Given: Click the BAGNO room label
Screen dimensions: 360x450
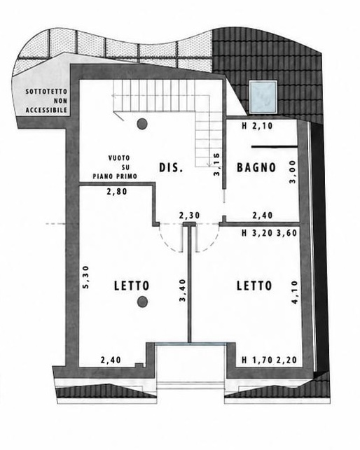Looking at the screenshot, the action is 256,167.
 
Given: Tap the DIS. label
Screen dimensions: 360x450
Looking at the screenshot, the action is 171,167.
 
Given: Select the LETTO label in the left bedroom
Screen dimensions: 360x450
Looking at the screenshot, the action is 132,286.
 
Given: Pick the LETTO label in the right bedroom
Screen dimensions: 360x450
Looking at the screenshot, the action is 254,286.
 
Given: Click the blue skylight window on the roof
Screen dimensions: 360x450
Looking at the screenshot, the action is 263,97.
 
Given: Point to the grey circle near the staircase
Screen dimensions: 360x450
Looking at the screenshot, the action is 142,124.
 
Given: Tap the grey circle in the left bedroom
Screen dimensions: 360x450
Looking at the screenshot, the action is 142,302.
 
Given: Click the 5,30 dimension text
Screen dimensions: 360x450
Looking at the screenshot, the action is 86,277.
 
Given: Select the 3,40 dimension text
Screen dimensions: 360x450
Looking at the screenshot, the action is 183,290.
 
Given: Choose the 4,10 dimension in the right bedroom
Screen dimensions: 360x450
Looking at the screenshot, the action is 294,293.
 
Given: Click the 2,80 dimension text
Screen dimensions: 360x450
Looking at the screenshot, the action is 117,192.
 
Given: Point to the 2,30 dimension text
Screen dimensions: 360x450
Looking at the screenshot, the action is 189,216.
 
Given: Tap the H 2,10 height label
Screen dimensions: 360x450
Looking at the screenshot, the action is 257,126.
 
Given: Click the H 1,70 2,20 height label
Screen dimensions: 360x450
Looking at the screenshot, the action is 269,360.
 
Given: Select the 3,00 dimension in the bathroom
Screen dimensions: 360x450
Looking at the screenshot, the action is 292,171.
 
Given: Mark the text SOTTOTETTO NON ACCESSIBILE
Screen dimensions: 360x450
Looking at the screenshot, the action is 46,101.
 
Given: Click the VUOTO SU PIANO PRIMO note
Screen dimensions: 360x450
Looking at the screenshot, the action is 115,167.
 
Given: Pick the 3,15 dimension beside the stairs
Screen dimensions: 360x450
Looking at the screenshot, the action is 216,164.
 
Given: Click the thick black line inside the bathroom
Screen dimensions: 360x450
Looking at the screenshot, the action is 275,147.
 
